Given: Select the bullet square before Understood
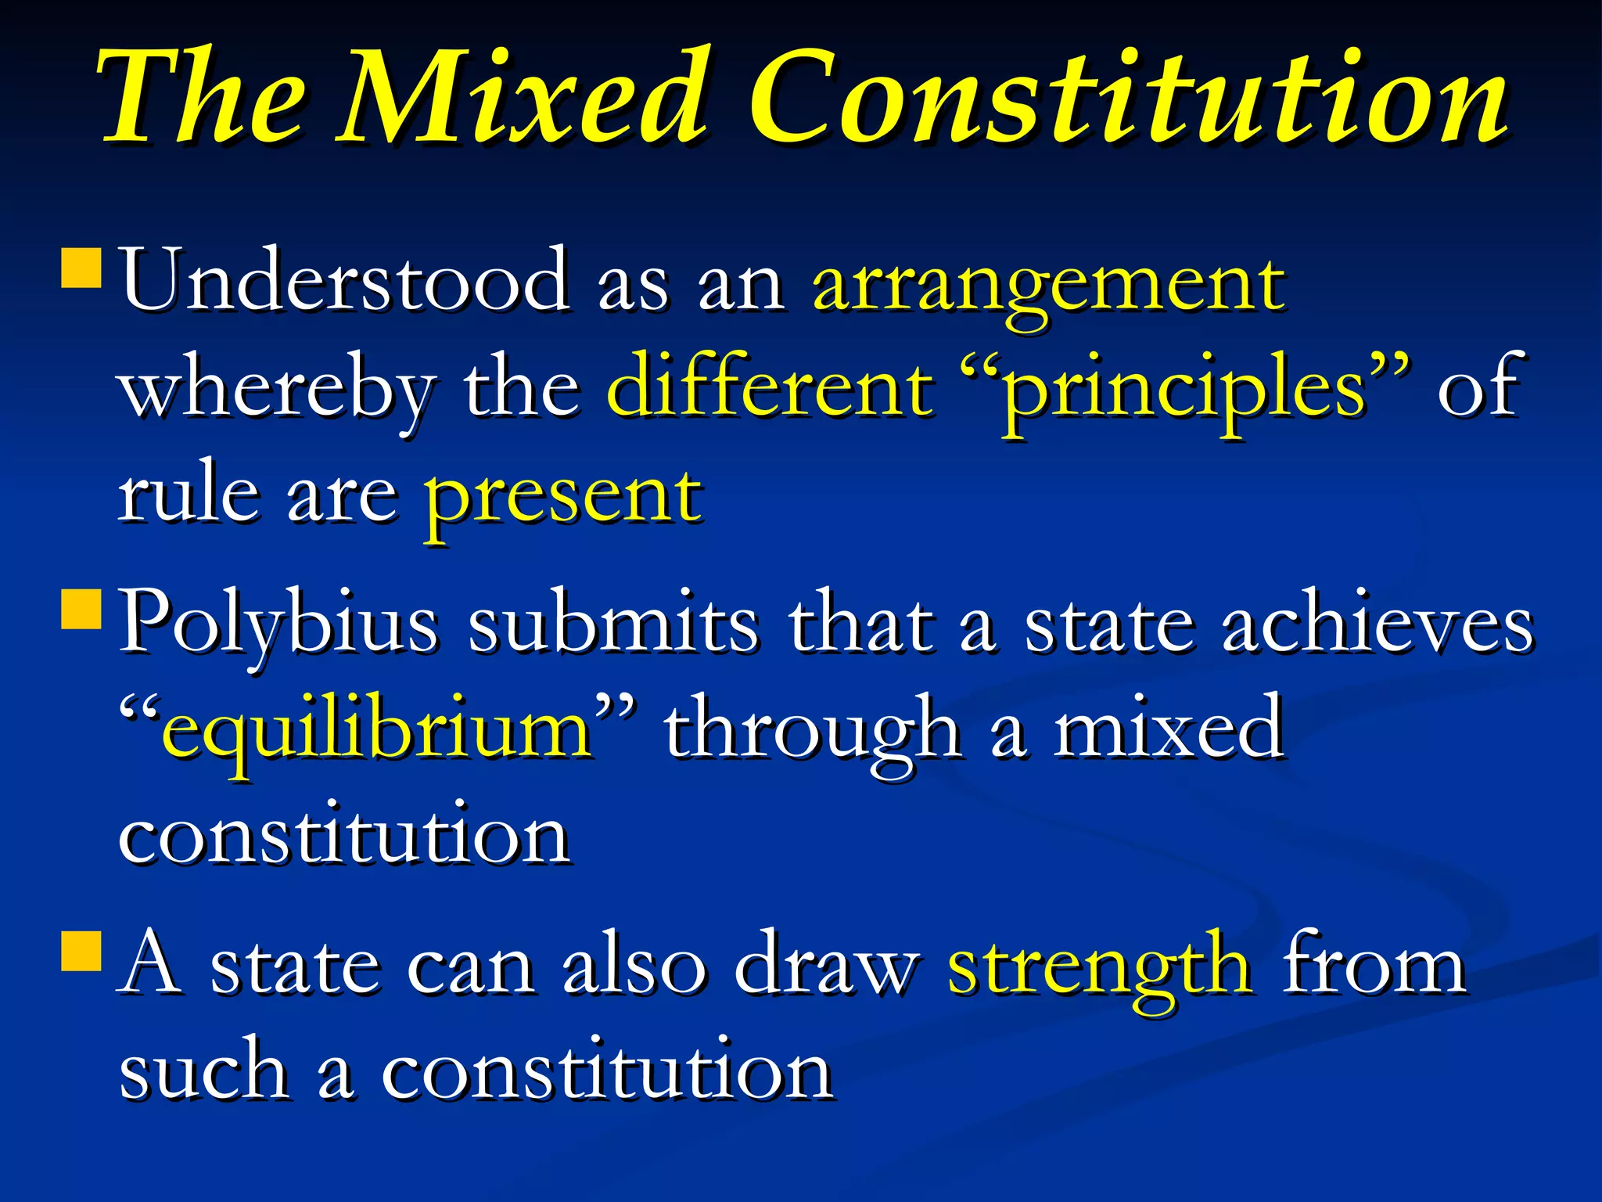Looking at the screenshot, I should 81,268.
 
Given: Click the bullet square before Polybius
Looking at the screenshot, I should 81,609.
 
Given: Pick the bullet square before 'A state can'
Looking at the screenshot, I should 81,950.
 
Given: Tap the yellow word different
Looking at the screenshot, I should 770,387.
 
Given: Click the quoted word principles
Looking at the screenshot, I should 1185,391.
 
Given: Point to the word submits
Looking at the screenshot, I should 613,622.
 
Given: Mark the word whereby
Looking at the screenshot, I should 278,391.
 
